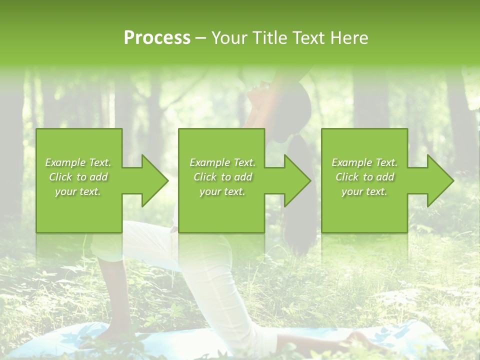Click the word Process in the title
(157, 38)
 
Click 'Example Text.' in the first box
(78, 162)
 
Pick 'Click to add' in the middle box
(222, 177)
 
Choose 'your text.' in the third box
(364, 191)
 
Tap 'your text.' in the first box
(78, 191)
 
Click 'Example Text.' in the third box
(364, 162)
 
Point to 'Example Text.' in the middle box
(222, 162)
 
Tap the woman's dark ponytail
(300, 165)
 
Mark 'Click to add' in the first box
(78, 177)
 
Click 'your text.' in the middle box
(222, 191)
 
